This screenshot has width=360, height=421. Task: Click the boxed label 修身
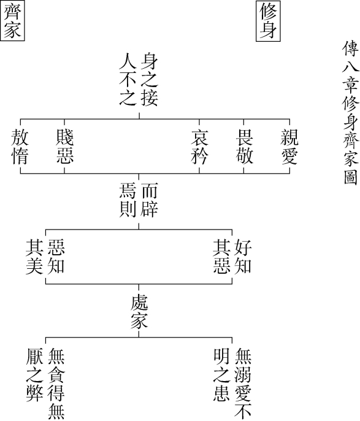[268, 21]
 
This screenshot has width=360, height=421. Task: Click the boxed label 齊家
[12, 20]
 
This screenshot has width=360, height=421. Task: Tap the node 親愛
[289, 147]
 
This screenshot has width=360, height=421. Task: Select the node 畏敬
[244, 147]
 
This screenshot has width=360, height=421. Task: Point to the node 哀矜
[199, 147]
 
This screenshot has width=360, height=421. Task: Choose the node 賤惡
[64, 147]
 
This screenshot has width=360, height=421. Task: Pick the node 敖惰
[20, 147]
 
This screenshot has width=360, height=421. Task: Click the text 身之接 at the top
[150, 80]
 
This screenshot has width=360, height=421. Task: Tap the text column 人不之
[128, 80]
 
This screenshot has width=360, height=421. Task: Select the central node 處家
[139, 312]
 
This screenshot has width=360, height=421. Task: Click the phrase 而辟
[150, 200]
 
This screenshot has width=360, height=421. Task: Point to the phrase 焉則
[128, 200]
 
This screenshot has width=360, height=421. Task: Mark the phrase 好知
[243, 257]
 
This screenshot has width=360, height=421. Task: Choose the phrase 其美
[34, 257]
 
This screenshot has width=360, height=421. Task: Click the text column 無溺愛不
[243, 384]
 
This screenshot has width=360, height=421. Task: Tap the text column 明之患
[221, 374]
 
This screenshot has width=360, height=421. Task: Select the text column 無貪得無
[56, 384]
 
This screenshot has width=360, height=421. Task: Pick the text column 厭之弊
[34, 374]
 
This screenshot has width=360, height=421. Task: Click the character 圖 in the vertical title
[351, 176]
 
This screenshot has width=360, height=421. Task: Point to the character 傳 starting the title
[351, 48]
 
